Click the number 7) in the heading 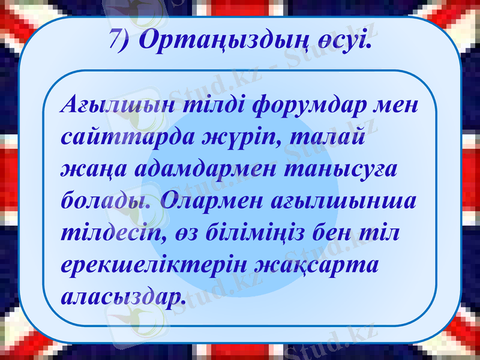coord(123,40)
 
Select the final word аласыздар coord(122,295)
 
